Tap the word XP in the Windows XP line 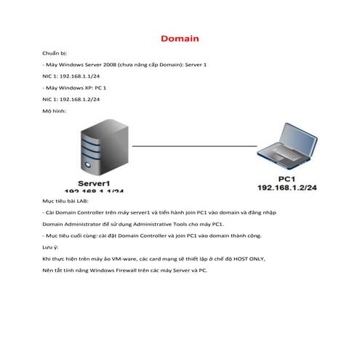88,87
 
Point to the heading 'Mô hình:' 55,111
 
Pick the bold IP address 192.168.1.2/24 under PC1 287,188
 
